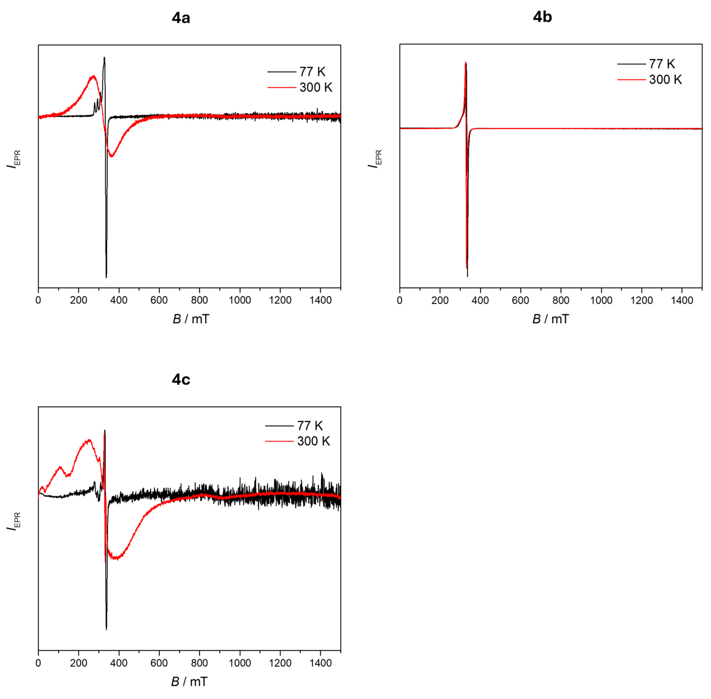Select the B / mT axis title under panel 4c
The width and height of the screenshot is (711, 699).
189,682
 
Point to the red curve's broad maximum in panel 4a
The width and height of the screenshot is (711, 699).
94,76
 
